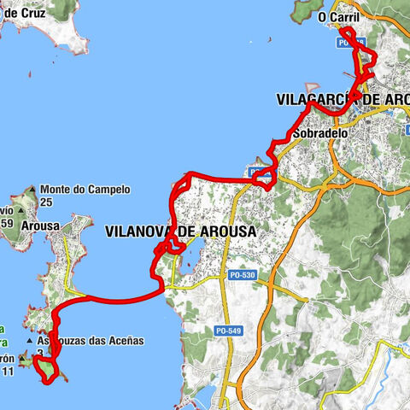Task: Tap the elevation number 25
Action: [x=46, y=202]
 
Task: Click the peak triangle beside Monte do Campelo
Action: [x=31, y=190]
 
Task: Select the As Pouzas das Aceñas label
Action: [x=96, y=340]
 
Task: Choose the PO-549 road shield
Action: [x=227, y=329]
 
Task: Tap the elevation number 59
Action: [x=7, y=224]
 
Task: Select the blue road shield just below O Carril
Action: [x=351, y=42]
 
